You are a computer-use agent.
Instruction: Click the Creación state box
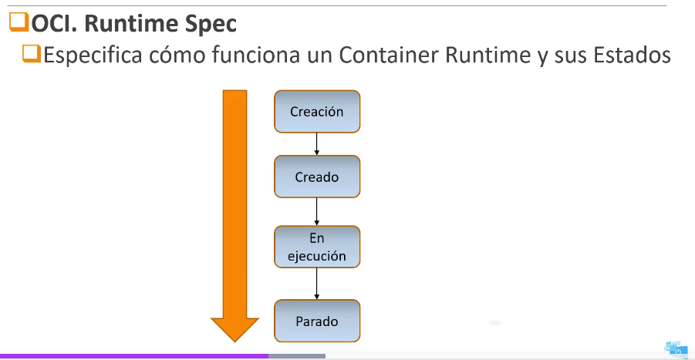tap(317, 112)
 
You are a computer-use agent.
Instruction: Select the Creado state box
tap(317, 177)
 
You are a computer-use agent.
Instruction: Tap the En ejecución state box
tap(317, 247)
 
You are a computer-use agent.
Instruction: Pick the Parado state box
tap(317, 321)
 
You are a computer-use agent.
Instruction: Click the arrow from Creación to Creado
tap(316, 144)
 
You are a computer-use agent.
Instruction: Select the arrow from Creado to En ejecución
tap(316, 212)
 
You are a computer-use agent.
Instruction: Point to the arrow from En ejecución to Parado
tap(316, 284)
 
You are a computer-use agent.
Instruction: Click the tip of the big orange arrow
tap(234, 341)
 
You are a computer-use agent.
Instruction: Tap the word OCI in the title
tap(54, 23)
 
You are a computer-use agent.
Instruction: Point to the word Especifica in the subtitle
tap(93, 56)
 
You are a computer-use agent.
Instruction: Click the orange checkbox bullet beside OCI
tap(19, 22)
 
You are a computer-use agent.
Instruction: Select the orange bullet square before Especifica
tap(32, 54)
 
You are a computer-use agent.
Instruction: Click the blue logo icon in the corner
tap(676, 349)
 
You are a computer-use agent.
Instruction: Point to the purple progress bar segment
tap(134, 356)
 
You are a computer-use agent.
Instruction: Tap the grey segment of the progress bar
tap(297, 356)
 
